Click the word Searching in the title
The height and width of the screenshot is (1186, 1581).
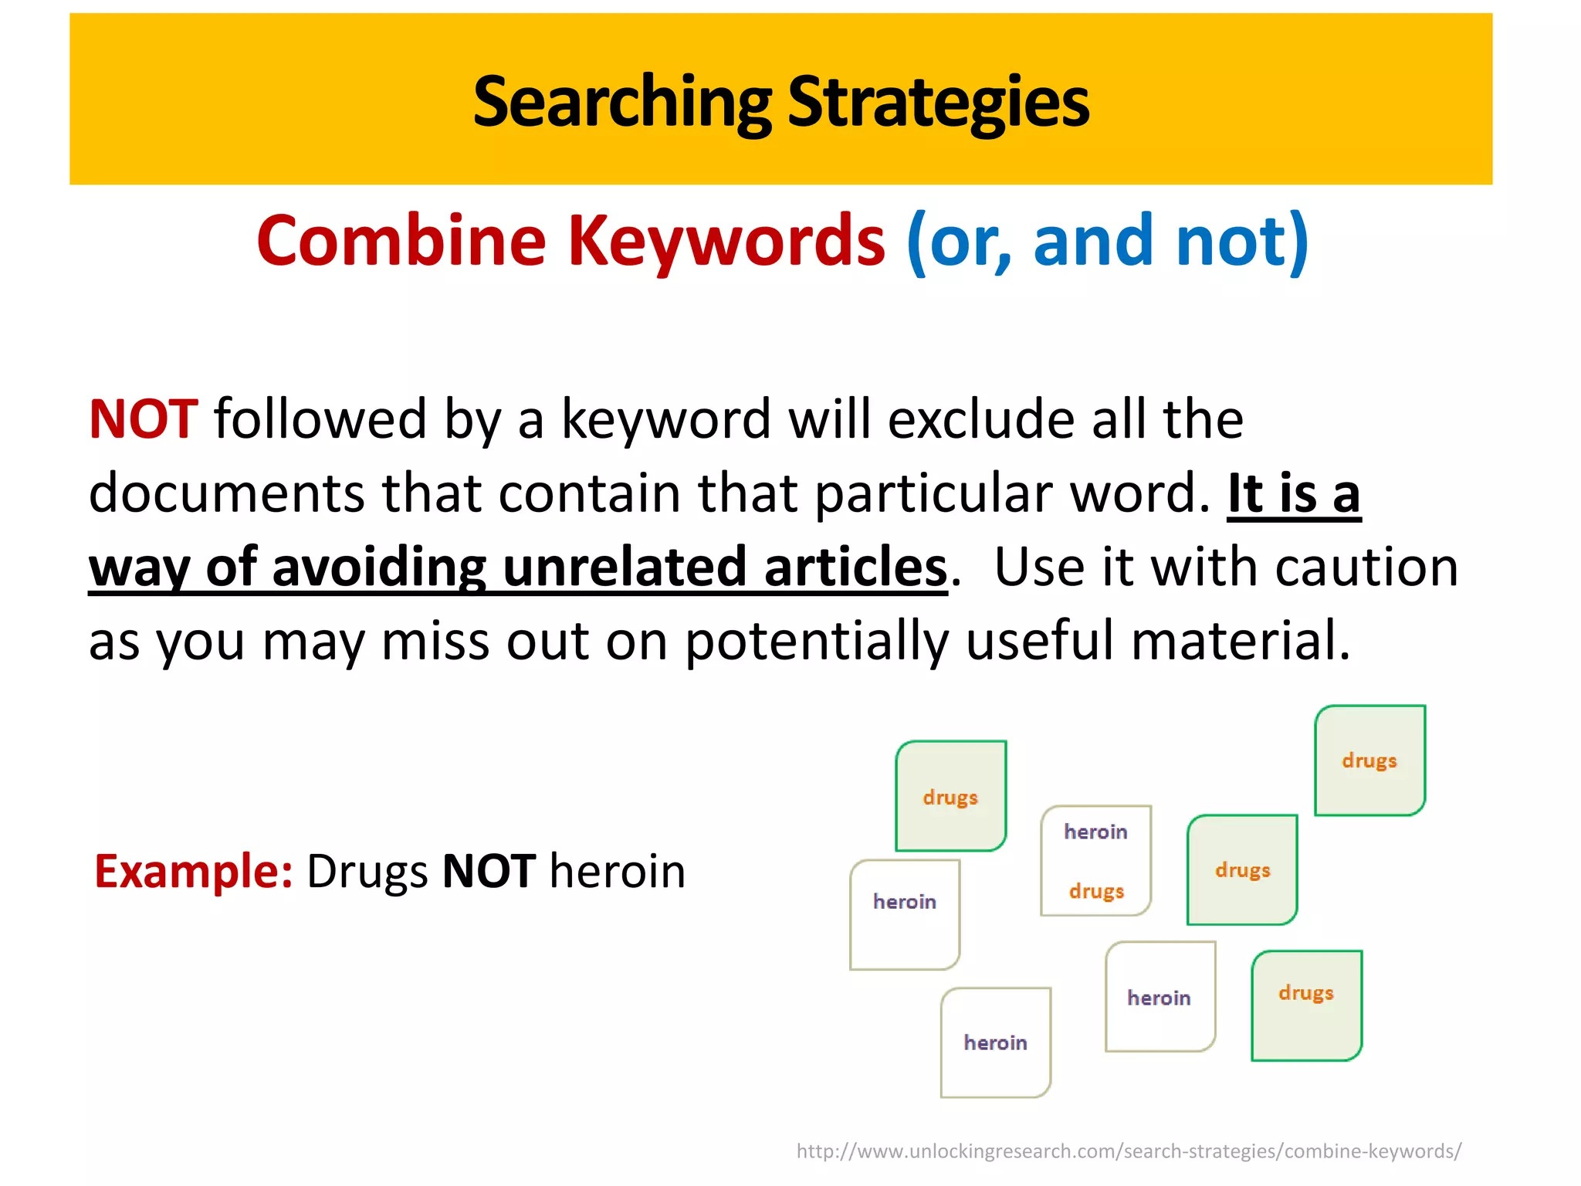[621, 102]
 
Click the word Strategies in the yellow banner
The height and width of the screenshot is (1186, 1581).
[938, 102]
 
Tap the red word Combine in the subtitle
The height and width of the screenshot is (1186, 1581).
[401, 240]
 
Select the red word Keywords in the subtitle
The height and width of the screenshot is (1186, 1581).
[726, 240]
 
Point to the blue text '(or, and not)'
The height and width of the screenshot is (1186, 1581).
[1108, 242]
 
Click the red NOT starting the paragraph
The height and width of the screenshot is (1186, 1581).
[144, 419]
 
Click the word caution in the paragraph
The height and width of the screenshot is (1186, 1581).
[1366, 567]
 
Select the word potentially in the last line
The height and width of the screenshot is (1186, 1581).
[817, 641]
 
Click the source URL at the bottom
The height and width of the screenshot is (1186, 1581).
[1129, 1151]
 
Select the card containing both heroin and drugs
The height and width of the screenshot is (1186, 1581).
[1095, 861]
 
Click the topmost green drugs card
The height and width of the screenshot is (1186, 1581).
[1369, 761]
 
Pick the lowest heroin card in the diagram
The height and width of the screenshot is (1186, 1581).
[995, 1042]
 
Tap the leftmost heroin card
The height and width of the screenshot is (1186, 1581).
[904, 915]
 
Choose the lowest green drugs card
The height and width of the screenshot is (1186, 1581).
[1306, 1005]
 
